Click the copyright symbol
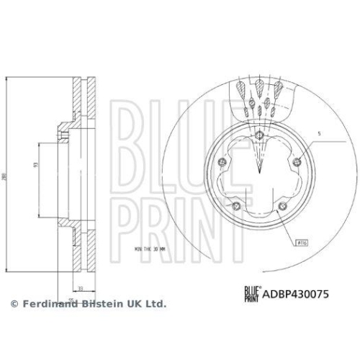tap(13, 305)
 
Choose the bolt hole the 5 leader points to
tap(298, 158)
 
